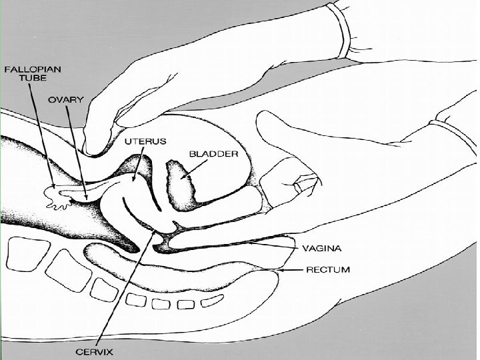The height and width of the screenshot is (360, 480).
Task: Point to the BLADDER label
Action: pyautogui.click(x=213, y=153)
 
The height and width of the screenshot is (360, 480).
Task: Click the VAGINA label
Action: pyautogui.click(x=322, y=249)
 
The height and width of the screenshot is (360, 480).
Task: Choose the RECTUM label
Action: pyautogui.click(x=327, y=270)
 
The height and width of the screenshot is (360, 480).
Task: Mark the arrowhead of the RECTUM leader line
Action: pyautogui.click(x=280, y=270)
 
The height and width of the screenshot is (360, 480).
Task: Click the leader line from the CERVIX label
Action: pyautogui.click(x=127, y=287)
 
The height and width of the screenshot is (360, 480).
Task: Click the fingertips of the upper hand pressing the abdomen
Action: pyautogui.click(x=97, y=143)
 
